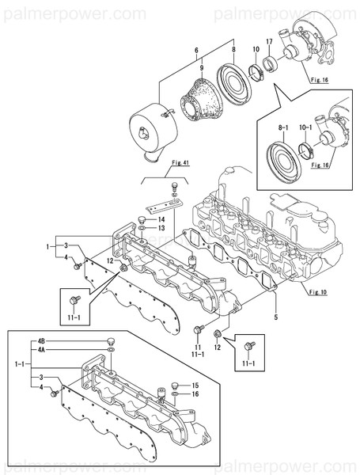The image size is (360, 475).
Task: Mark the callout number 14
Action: (160, 218)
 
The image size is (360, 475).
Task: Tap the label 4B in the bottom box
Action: (41, 341)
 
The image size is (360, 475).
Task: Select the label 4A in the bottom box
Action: (41, 348)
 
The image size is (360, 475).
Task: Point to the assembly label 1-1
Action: (18, 364)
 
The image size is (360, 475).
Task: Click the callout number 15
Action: (192, 386)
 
